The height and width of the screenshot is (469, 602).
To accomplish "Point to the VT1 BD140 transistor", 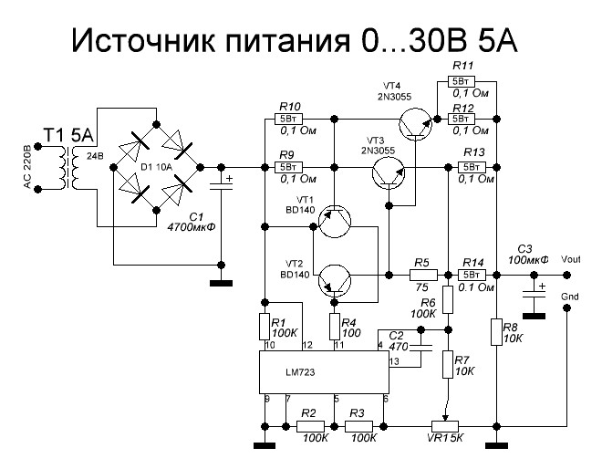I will [335, 221].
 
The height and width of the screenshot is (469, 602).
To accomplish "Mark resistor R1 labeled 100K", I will [265, 327].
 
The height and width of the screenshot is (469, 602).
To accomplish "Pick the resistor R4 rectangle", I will [335, 327].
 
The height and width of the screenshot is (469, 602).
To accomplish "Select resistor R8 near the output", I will [496, 332].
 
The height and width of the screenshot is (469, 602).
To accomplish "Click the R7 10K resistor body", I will [448, 364].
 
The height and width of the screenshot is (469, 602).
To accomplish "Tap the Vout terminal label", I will [570, 259].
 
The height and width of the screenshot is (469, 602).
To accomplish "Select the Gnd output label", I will [569, 296].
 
